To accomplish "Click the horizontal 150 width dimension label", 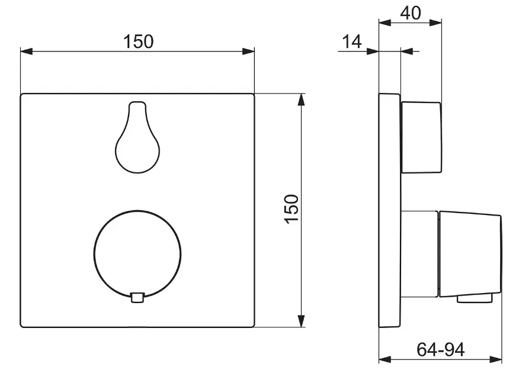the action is click(139, 41).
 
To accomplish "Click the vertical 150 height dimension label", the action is click(292, 209).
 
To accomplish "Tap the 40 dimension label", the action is click(411, 13).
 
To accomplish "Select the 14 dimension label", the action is click(351, 42).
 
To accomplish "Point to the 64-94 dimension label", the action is click(441, 349).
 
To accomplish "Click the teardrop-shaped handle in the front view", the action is click(137, 137).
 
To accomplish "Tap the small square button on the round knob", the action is click(137, 298).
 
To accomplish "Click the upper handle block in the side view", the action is click(421, 137).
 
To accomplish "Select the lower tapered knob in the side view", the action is click(470, 254).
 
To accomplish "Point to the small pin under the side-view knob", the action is click(475, 298).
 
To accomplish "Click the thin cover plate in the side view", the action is click(390, 210).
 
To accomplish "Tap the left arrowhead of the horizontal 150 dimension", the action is click(27, 52).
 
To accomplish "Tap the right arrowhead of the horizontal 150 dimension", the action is click(248, 52).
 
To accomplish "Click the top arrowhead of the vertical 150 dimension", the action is click(301, 100).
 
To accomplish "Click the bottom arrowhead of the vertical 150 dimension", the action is click(301, 321).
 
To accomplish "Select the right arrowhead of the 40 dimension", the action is click(435, 22).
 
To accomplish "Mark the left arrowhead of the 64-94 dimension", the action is click(385, 359).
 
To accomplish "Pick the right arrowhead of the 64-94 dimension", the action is click(495, 359).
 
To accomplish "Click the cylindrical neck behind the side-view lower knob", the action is click(420, 254).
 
